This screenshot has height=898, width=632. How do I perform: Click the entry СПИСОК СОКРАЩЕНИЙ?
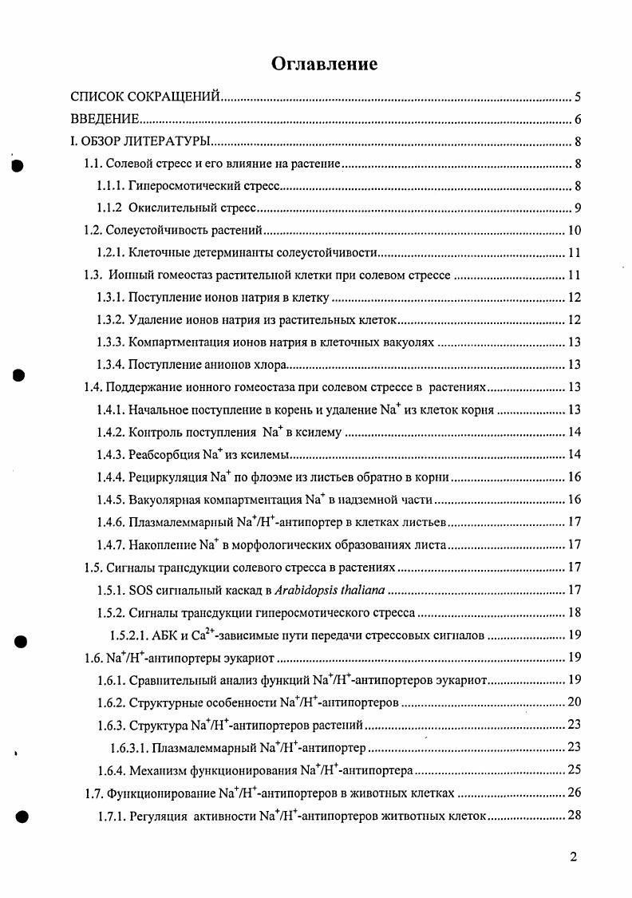coord(145,98)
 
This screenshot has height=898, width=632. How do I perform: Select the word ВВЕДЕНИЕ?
coord(105,121)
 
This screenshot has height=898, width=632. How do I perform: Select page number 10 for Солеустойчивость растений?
coord(574,231)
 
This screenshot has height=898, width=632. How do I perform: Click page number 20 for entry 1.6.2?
coord(574,702)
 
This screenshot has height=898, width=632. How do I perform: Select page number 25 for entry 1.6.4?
coord(574,770)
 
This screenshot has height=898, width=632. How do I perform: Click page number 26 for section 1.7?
coord(574,793)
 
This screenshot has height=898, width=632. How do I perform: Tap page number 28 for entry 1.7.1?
coord(574,816)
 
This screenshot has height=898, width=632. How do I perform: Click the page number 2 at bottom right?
coord(574,857)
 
